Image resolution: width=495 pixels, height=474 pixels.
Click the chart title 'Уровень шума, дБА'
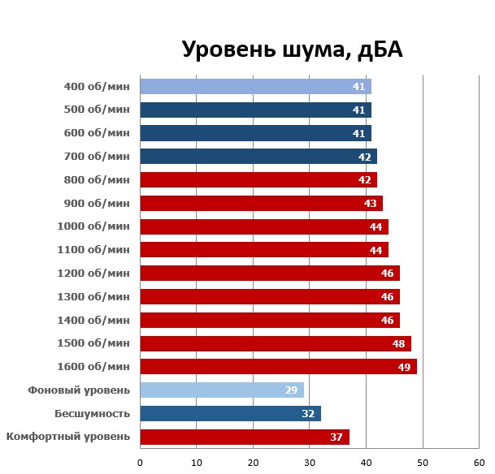tap(292, 50)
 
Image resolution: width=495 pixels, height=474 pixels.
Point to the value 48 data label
tap(399, 343)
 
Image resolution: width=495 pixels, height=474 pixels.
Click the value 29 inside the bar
tap(291, 390)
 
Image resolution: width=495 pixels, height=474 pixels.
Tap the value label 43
tap(371, 203)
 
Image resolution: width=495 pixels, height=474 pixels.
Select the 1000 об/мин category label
tap(93, 226)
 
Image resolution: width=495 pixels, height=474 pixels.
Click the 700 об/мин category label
tap(96, 156)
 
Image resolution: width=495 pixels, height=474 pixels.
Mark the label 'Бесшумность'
tap(92, 414)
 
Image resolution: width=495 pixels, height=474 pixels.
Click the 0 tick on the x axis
tap(141, 463)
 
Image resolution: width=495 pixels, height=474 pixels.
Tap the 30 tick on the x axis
tap(310, 463)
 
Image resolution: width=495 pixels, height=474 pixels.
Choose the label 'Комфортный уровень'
tap(68, 437)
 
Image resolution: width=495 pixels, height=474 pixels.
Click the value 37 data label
tap(337, 437)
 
